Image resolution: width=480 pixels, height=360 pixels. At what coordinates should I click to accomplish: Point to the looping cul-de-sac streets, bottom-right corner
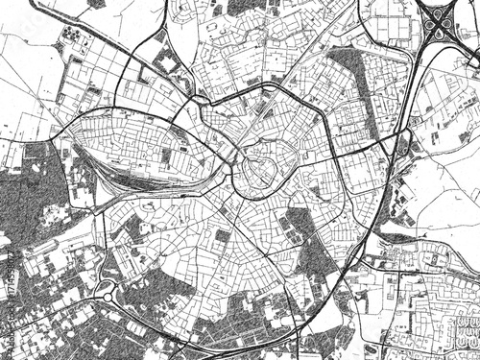451,331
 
